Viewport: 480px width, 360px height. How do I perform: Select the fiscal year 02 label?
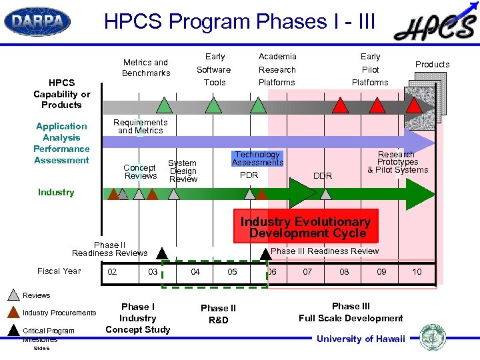pos(113,271)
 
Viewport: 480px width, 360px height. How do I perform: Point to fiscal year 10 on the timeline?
pos(417,271)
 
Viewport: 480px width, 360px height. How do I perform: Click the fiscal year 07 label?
pos(307,271)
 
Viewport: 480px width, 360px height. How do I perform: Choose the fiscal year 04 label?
pos(195,271)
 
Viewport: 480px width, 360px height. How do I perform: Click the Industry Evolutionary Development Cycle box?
pos(305,227)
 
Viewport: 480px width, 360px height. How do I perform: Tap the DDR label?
pos(323,175)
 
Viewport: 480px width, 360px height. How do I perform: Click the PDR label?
pos(249,175)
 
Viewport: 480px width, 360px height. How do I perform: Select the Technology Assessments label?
pos(257,158)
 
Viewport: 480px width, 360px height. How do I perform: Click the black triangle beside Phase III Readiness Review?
pos(265,252)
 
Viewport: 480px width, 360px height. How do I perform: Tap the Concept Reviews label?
pos(141,171)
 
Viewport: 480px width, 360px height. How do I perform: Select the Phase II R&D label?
pos(218,313)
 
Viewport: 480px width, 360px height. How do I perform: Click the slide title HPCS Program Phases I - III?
pos(240,22)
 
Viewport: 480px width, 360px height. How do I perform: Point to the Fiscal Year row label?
pos(59,271)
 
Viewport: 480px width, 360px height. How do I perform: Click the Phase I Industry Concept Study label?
pos(138,318)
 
